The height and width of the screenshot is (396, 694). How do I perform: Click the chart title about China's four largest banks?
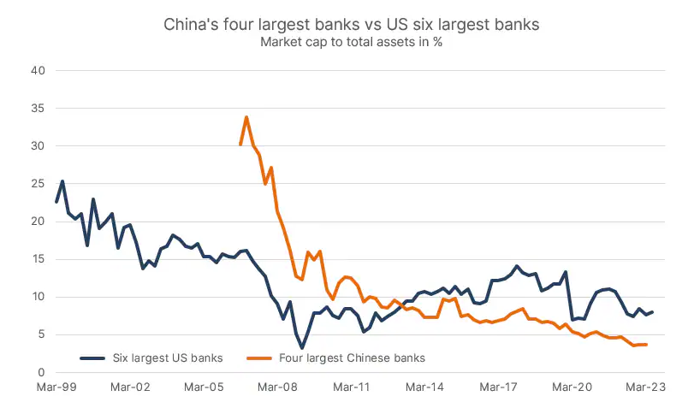tap(351, 25)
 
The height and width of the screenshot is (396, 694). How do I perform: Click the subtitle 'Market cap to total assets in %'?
tap(351, 44)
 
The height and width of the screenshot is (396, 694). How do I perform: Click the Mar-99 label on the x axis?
tap(57, 386)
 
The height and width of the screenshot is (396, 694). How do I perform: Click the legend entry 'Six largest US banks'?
tap(159, 358)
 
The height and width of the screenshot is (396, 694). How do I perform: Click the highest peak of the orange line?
tap(246, 117)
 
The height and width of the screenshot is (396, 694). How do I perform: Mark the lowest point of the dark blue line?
tap(302, 347)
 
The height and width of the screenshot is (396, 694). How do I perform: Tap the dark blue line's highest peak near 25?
tap(62, 181)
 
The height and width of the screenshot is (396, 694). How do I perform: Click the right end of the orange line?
tap(645, 345)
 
